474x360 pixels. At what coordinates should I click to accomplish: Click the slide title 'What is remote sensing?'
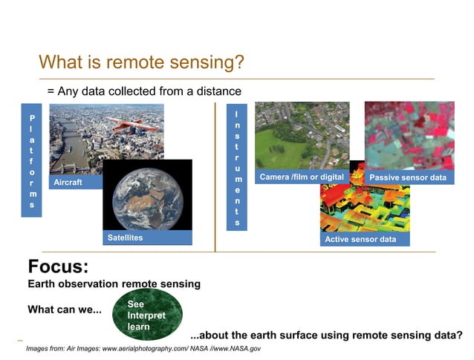(x=141, y=62)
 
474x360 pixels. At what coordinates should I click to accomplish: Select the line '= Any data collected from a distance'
(x=144, y=91)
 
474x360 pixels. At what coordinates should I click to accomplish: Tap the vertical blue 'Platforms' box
(x=32, y=160)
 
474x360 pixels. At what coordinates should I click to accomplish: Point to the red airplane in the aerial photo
(x=131, y=124)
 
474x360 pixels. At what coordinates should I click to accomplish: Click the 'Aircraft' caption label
(x=68, y=182)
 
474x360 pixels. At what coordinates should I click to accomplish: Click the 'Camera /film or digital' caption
(x=301, y=177)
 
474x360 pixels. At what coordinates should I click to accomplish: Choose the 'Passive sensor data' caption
(x=408, y=178)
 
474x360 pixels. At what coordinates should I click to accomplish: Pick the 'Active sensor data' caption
(x=360, y=239)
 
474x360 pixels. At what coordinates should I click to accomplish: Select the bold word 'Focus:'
(x=58, y=266)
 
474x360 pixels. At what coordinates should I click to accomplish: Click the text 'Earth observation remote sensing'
(x=114, y=284)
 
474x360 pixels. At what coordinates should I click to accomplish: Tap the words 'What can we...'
(x=65, y=310)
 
